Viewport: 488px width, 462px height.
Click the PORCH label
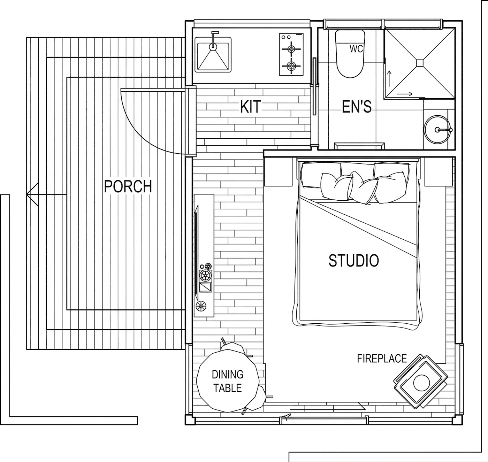pos(128,186)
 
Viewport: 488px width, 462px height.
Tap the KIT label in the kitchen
pos(250,107)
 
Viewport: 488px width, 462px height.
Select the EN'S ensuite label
pos(356,107)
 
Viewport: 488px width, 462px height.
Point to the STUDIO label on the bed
pos(353,261)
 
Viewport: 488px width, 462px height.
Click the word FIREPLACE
pos(382,359)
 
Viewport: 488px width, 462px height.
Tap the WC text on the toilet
pos(356,49)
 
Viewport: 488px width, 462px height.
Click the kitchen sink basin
pos(213,56)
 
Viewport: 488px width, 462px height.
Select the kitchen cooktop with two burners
pos(291,55)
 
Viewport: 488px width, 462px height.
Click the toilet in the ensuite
pos(350,54)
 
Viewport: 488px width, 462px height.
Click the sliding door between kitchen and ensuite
pos(315,86)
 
